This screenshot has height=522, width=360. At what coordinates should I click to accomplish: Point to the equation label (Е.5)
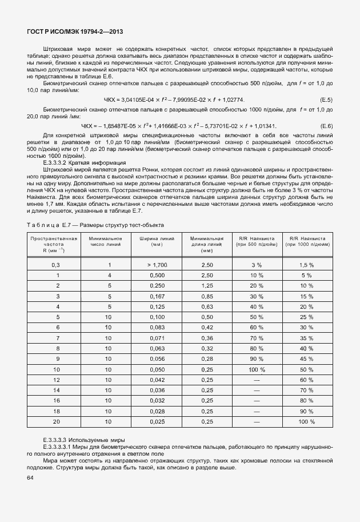click(326, 100)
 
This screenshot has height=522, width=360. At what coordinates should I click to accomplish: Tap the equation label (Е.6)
click(326, 126)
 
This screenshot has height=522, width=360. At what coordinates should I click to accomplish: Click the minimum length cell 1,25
click(207, 286)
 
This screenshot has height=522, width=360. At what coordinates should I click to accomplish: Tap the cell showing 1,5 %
click(307, 265)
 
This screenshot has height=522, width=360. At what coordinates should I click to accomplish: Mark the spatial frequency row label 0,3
click(56, 265)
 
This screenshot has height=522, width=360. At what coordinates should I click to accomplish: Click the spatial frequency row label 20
click(56, 421)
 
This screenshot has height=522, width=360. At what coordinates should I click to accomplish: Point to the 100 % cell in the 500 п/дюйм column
click(257, 369)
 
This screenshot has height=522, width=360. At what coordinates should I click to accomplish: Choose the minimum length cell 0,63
click(207, 307)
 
